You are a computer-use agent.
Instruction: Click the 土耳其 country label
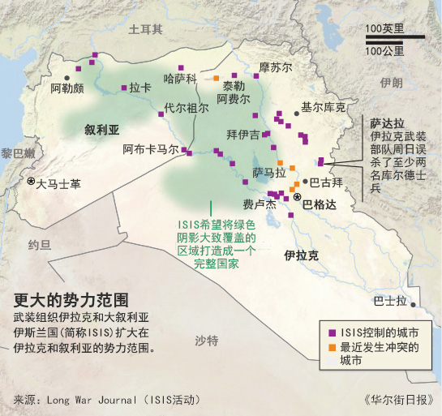tap(146, 29)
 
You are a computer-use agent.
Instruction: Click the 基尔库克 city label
tap(323, 107)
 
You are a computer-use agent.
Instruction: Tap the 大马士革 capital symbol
tap(32, 182)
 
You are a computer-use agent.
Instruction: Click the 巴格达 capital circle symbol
tap(297, 198)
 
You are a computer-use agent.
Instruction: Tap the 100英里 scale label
tap(384, 29)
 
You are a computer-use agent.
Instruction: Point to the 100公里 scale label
tap(384, 51)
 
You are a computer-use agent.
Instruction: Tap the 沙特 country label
tap(206, 341)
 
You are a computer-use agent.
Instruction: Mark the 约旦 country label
tap(39, 244)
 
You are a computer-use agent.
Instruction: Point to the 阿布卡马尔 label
tap(151, 149)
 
